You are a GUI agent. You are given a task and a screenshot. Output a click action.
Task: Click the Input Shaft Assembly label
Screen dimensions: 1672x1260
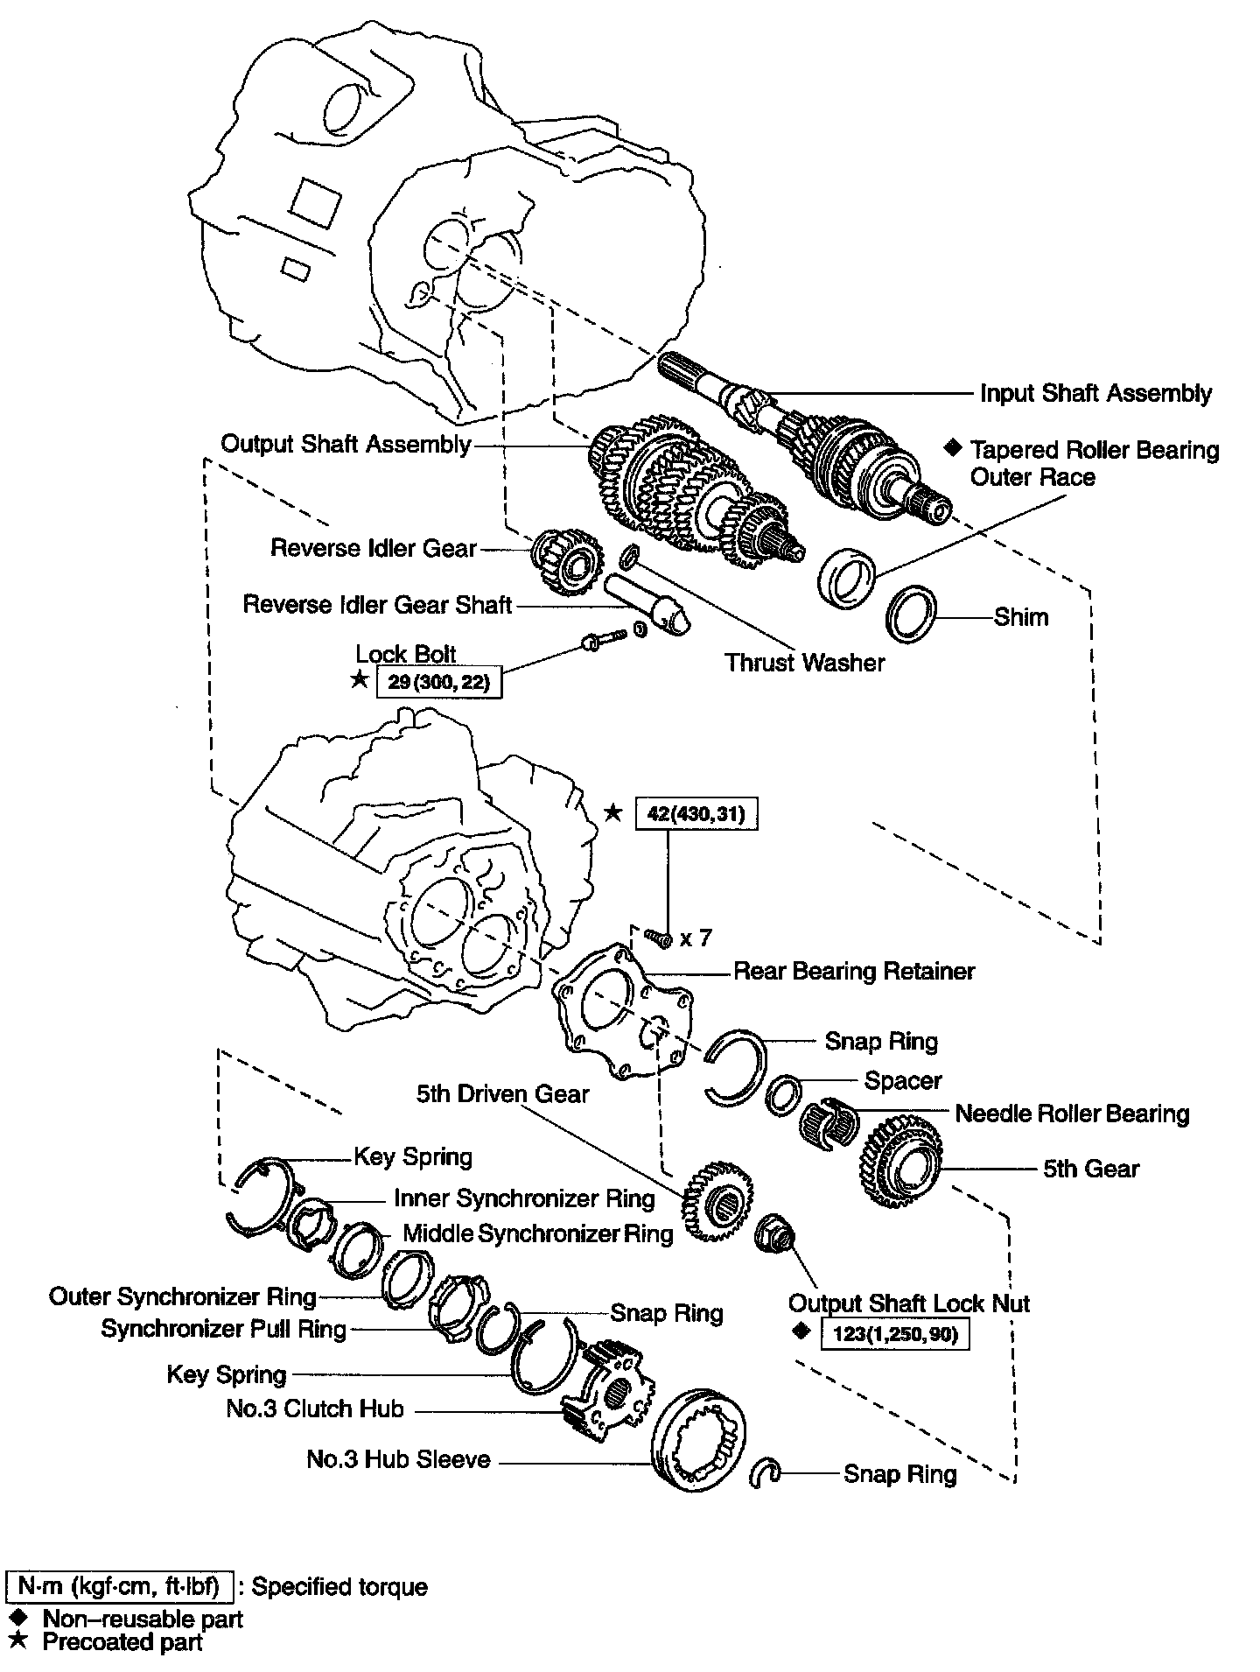pos(1095,393)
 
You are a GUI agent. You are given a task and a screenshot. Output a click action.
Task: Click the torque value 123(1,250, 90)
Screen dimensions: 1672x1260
pos(894,1334)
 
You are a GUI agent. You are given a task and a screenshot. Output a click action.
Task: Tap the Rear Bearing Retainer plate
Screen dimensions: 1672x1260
pos(622,1011)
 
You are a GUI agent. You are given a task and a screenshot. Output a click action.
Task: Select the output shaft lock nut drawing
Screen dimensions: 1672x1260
pos(774,1236)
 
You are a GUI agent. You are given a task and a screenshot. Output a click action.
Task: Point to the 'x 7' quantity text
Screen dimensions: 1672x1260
pos(696,938)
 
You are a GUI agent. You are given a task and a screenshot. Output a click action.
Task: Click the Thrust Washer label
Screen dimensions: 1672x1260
pos(804,662)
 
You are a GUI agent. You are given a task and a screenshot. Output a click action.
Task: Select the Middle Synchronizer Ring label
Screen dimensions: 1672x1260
pos(537,1233)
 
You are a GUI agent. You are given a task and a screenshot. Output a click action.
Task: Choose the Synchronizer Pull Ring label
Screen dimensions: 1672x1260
pos(224,1329)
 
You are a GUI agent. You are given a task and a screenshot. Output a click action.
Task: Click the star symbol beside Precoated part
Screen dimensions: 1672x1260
pos(16,1642)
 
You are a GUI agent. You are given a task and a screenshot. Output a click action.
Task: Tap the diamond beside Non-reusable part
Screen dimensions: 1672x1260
pos(16,1619)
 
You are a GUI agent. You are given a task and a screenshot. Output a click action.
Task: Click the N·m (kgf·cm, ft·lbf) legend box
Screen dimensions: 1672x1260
pos(119,1586)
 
